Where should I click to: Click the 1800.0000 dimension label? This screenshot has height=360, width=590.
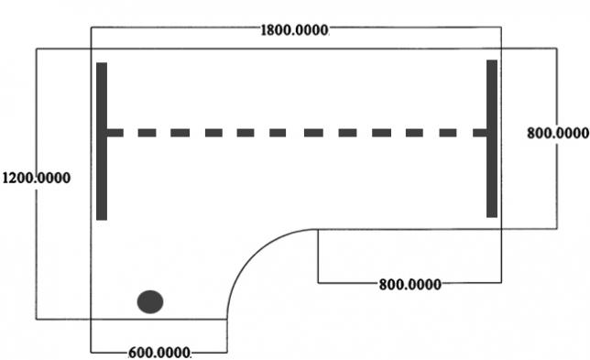click(x=294, y=30)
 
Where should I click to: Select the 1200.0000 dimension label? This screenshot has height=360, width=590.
click(x=37, y=178)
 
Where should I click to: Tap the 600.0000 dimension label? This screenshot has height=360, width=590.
click(x=159, y=353)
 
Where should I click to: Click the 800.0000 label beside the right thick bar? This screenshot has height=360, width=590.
click(x=558, y=133)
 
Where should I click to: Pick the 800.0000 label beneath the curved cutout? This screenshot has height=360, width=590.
click(x=410, y=284)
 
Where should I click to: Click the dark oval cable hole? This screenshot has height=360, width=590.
click(x=150, y=301)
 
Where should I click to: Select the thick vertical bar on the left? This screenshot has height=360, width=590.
click(x=102, y=141)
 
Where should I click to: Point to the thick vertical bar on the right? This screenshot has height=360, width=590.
click(x=492, y=138)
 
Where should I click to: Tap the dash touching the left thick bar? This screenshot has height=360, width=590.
click(x=115, y=133)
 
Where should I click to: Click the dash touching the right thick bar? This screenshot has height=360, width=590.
click(x=480, y=133)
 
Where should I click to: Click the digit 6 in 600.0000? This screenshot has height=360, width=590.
click(x=132, y=353)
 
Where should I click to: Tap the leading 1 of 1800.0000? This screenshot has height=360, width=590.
click(x=264, y=30)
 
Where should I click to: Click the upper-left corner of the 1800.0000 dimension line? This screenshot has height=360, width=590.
click(x=91, y=27)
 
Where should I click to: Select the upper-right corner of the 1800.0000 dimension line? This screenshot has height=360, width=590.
click(x=501, y=27)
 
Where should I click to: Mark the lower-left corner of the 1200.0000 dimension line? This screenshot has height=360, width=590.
click(x=36, y=320)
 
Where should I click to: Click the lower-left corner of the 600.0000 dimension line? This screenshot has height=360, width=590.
click(x=91, y=353)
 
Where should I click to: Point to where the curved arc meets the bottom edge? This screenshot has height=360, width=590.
click(x=227, y=320)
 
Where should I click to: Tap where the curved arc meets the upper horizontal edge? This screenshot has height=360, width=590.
click(x=318, y=229)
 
